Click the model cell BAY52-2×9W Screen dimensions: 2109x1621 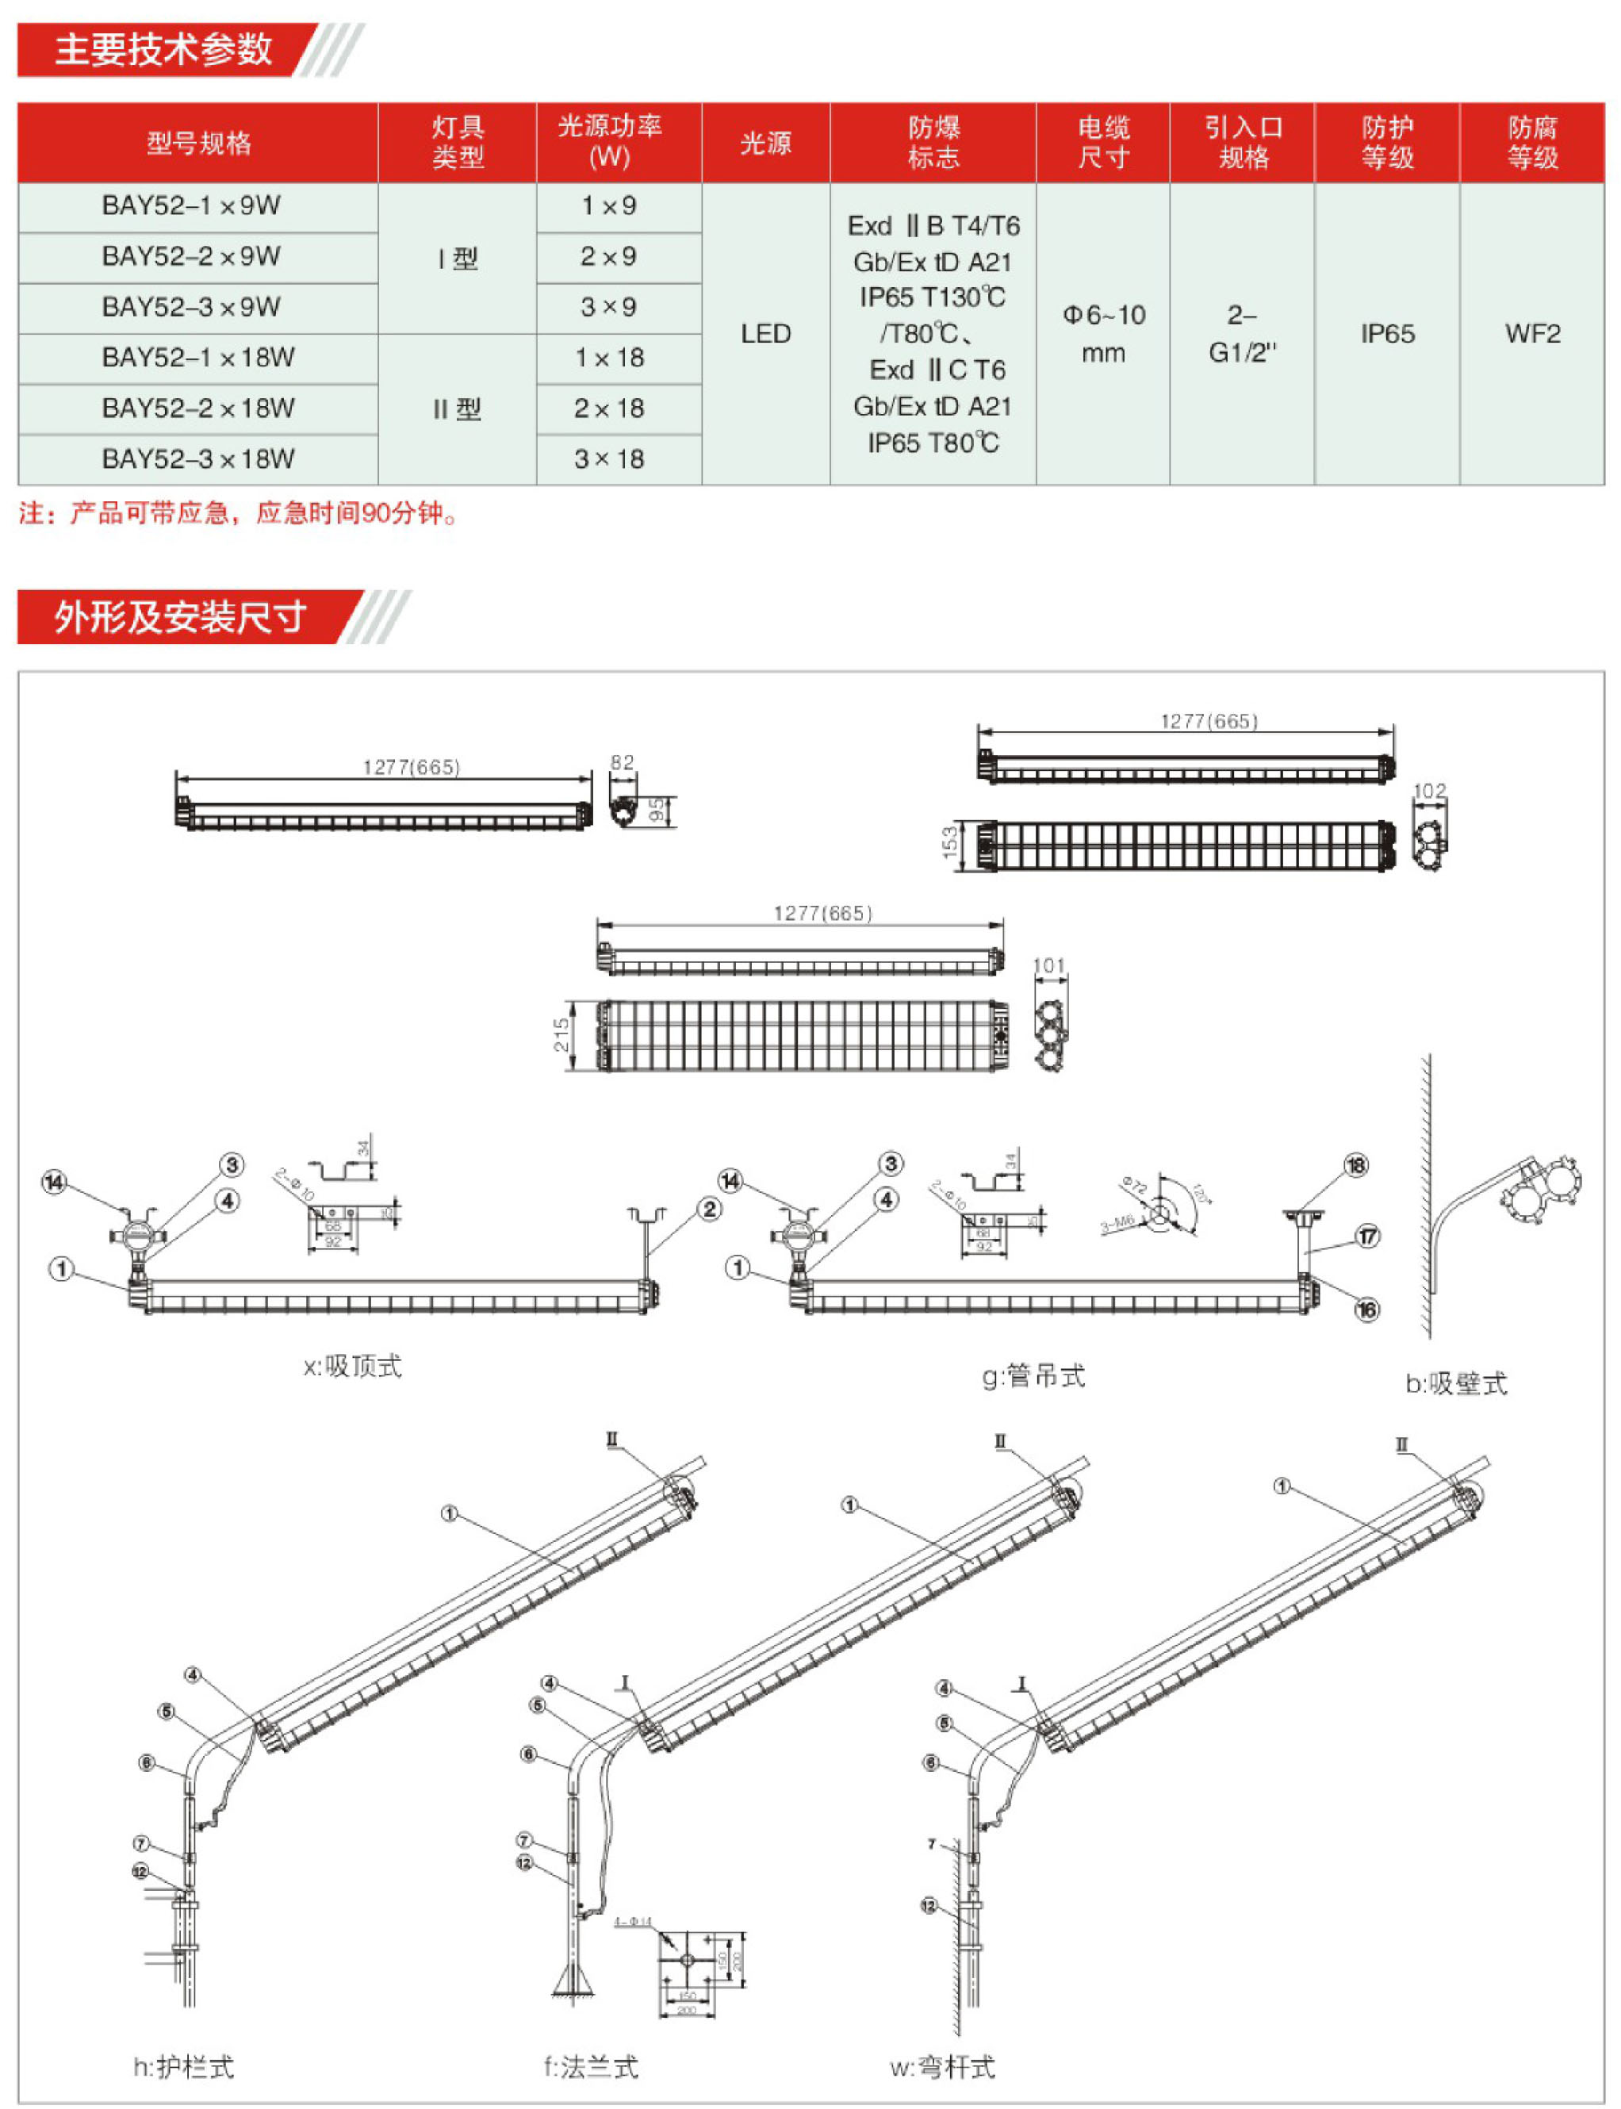(191, 257)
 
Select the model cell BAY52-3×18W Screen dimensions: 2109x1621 (197, 459)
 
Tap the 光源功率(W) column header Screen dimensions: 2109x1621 (609, 142)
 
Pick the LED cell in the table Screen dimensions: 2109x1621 (765, 334)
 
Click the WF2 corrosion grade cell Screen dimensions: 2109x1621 (1532, 334)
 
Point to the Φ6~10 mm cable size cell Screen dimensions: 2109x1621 (1103, 334)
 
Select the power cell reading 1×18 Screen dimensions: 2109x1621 (609, 358)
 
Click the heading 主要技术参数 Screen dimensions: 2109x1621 (164, 50)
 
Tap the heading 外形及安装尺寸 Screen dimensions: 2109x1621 (181, 617)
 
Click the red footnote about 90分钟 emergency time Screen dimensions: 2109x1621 (237, 513)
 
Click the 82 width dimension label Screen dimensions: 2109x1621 (623, 762)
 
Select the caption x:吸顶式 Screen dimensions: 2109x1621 (352, 1366)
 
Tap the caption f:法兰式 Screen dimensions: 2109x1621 (591, 2066)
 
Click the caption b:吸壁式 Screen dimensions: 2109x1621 (1456, 1383)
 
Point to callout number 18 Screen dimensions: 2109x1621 (1355, 1165)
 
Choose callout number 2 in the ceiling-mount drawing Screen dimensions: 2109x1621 (709, 1210)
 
